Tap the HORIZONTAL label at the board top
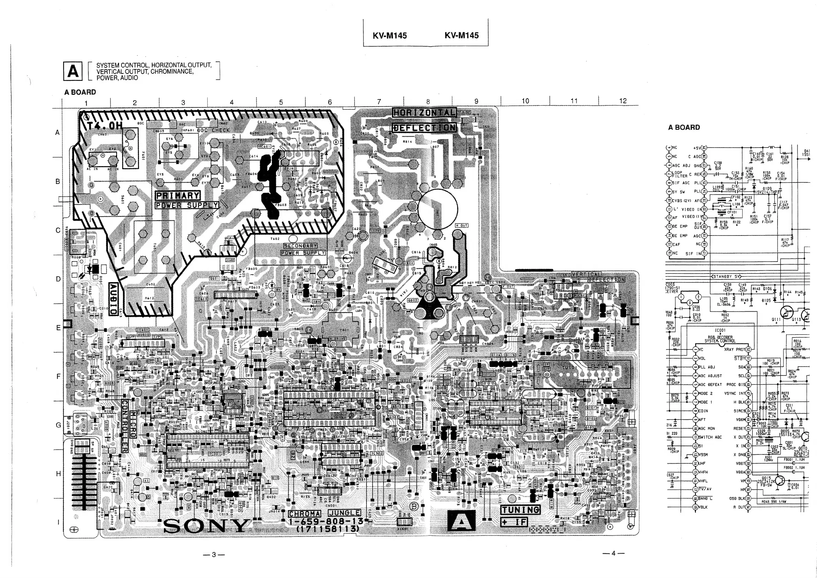pyautogui.click(x=424, y=113)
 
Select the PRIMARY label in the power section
pyautogui.click(x=177, y=195)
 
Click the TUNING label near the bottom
pyautogui.click(x=521, y=510)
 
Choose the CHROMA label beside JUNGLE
pyautogui.click(x=304, y=513)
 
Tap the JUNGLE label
pyautogui.click(x=344, y=513)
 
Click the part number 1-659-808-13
pyautogui.click(x=326, y=521)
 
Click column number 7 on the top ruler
pyautogui.click(x=378, y=102)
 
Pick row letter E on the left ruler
pyautogui.click(x=58, y=328)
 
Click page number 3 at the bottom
pyautogui.click(x=213, y=555)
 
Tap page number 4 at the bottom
pyautogui.click(x=613, y=553)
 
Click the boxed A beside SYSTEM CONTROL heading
pyautogui.click(x=73, y=71)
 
